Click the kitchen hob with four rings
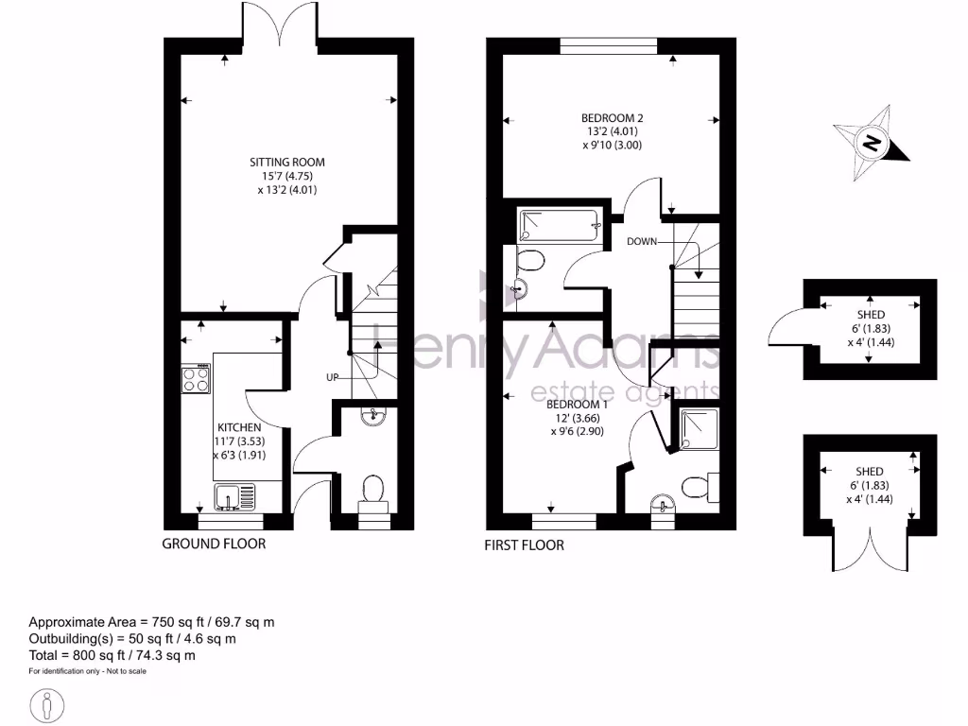(x=196, y=379)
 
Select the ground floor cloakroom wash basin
(x=375, y=414)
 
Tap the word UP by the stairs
(x=332, y=377)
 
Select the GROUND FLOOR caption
(x=214, y=544)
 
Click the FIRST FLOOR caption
(x=525, y=544)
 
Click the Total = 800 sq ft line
(x=112, y=654)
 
